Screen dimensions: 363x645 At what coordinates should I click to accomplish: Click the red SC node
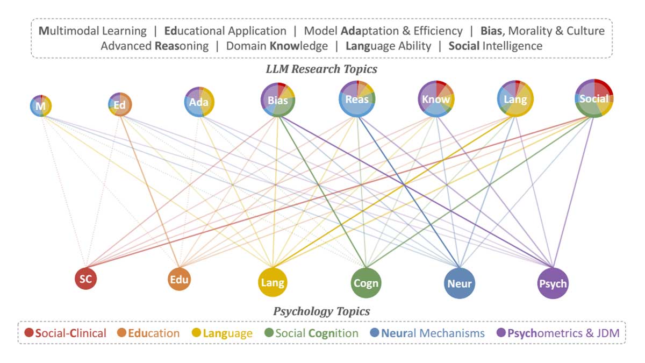pyautogui.click(x=85, y=279)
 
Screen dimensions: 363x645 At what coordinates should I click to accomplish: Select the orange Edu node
pyautogui.click(x=179, y=279)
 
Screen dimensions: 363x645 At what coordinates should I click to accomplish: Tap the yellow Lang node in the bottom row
pyautogui.click(x=271, y=282)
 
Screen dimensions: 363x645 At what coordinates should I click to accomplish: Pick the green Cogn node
pyautogui.click(x=366, y=282)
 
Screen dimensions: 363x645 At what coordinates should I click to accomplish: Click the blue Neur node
pyautogui.click(x=460, y=282)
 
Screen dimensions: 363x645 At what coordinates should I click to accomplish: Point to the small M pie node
pyautogui.click(x=41, y=106)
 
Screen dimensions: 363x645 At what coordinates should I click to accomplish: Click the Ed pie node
pyautogui.click(x=120, y=104)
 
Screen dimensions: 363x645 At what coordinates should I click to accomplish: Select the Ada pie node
pyautogui.click(x=199, y=102)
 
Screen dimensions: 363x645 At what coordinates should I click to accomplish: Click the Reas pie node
pyautogui.click(x=357, y=99)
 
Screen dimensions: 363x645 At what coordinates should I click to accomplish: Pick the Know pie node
pyautogui.click(x=436, y=99)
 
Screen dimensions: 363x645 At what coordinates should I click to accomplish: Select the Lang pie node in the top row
pyautogui.click(x=515, y=99)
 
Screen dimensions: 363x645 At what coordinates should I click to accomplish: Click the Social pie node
pyautogui.click(x=594, y=98)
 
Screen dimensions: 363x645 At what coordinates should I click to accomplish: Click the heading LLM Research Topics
pyautogui.click(x=321, y=69)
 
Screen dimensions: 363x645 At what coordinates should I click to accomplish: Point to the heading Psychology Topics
pyautogui.click(x=321, y=311)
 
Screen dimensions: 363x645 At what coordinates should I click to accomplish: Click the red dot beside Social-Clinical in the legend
pyautogui.click(x=29, y=333)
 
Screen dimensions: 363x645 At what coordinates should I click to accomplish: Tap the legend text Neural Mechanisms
pyautogui.click(x=433, y=333)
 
